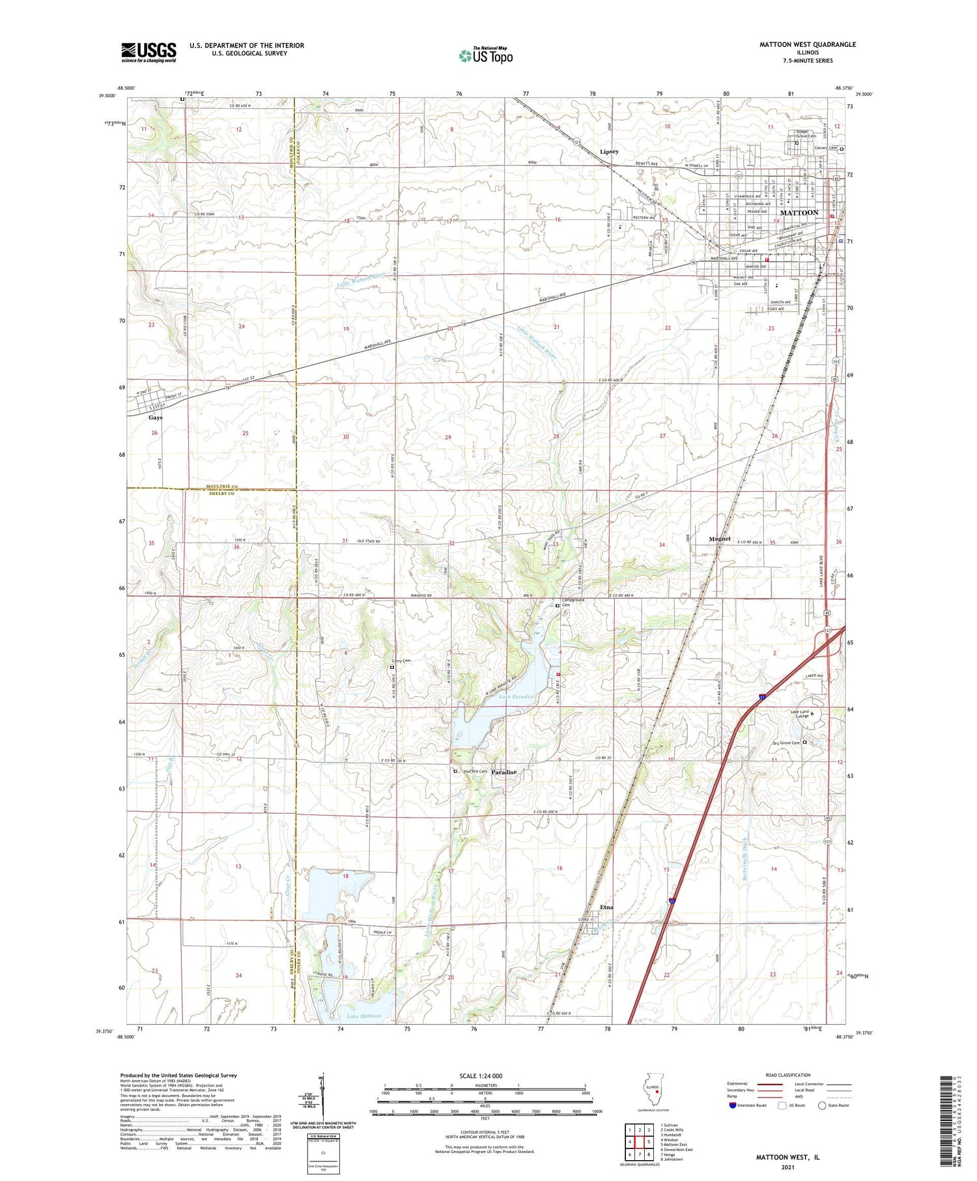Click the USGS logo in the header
tap(149, 52)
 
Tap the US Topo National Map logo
tap(486, 56)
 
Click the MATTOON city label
tap(799, 213)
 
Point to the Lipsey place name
tap(609, 152)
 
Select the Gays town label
tap(155, 418)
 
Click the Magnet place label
tap(720, 539)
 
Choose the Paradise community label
tap(503, 772)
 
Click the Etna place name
tap(606, 907)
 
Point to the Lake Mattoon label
tap(364, 1016)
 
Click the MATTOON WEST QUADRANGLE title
tap(807, 44)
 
